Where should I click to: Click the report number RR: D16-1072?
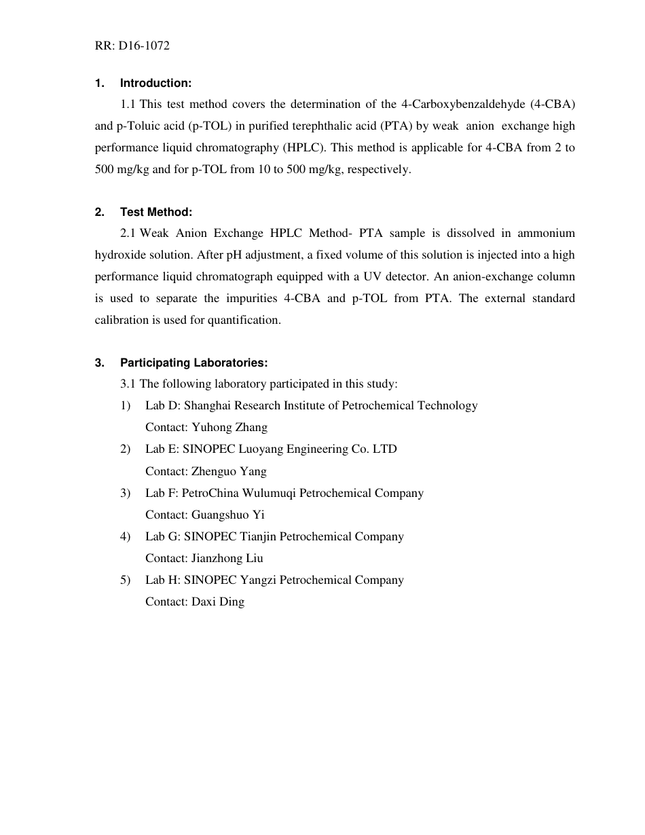[132, 46]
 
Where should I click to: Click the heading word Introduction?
[155, 83]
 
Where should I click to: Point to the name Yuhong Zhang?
[229, 427]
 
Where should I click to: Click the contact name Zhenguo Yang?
[229, 471]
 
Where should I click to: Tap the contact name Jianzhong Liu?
[227, 558]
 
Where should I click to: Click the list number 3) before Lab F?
[126, 493]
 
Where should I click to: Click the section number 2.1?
[128, 233]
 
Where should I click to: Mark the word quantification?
[246, 320]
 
